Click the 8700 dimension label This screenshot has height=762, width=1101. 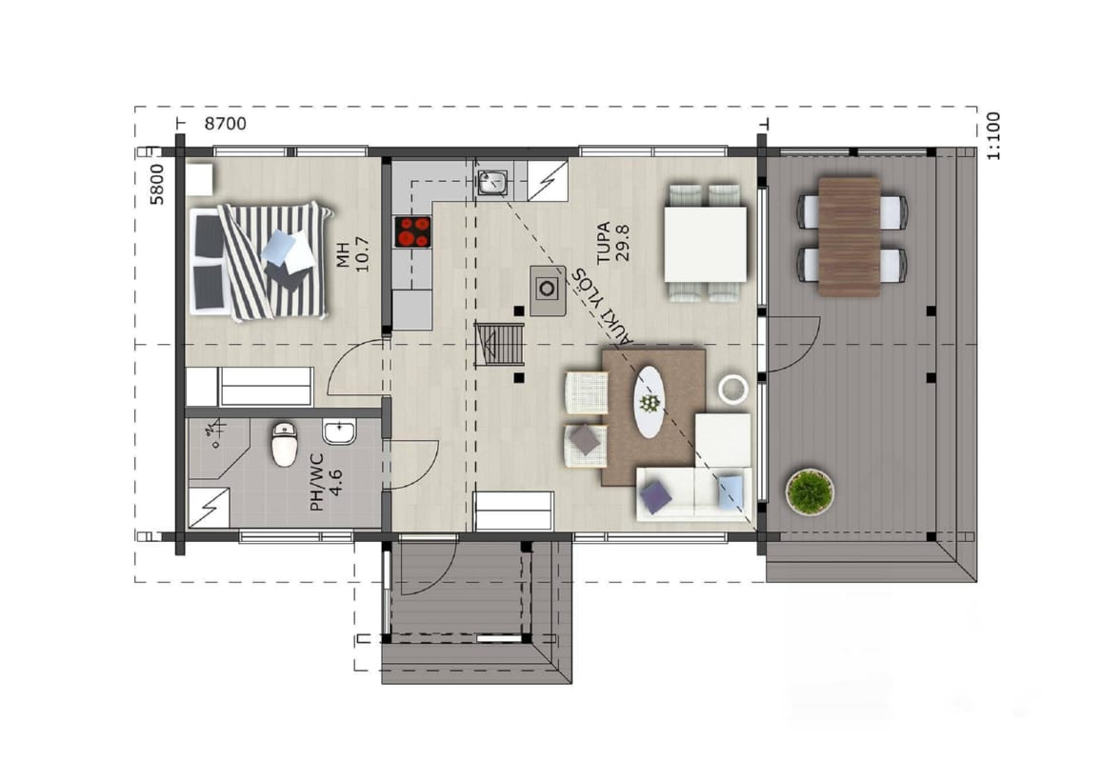click(226, 124)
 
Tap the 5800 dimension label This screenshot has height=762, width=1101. click(157, 184)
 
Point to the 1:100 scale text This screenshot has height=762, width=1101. click(992, 136)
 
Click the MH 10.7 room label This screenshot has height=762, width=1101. click(352, 254)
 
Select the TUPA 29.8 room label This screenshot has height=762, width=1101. click(613, 242)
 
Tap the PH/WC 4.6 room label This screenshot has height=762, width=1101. click(326, 482)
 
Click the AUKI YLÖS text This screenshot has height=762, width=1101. click(602, 306)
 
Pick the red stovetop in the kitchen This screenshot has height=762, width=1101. click(413, 231)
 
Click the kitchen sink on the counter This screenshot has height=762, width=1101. click(493, 183)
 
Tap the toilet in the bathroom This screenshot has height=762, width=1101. click(285, 444)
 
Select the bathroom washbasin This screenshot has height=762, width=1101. click(340, 431)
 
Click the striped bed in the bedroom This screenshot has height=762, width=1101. click(259, 261)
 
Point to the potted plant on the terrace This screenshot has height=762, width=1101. click(810, 491)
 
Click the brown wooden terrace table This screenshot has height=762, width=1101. click(849, 236)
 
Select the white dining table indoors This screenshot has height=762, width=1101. click(706, 244)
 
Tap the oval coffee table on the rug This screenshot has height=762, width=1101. click(650, 402)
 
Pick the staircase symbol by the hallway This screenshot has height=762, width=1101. click(500, 344)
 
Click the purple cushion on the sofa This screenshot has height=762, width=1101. click(655, 496)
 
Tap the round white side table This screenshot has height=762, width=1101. click(733, 389)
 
